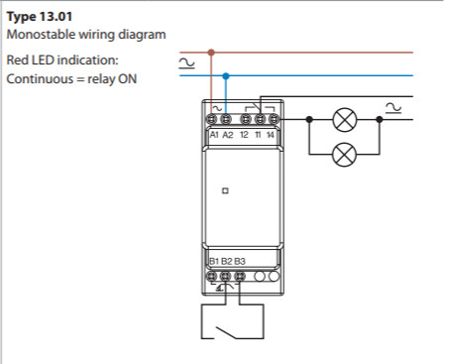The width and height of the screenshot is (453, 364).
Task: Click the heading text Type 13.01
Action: [x=40, y=17]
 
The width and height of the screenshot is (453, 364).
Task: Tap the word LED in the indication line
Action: [x=43, y=61]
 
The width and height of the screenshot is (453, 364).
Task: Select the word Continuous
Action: [x=40, y=79]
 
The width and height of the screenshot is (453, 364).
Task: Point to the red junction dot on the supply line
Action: [x=211, y=53]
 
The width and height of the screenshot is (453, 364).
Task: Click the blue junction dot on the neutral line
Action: [x=226, y=76]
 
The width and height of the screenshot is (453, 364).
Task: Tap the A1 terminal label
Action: [x=214, y=135]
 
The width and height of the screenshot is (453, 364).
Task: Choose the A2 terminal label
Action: [x=228, y=135]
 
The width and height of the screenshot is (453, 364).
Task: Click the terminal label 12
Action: [x=244, y=135]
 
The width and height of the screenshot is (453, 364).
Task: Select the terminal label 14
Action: [x=271, y=135]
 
